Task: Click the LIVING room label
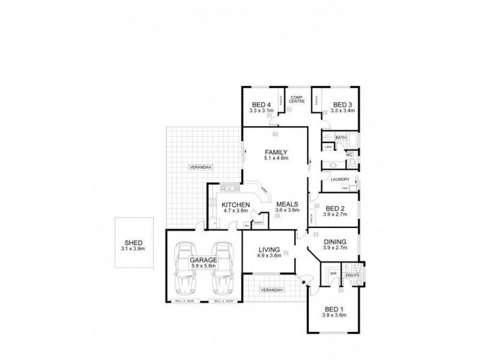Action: click(270, 250)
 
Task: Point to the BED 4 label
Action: click(261, 104)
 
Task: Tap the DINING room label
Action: click(335, 242)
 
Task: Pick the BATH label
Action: click(341, 138)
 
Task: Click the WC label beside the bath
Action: click(349, 155)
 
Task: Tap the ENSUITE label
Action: click(351, 274)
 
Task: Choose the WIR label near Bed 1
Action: click(332, 273)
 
